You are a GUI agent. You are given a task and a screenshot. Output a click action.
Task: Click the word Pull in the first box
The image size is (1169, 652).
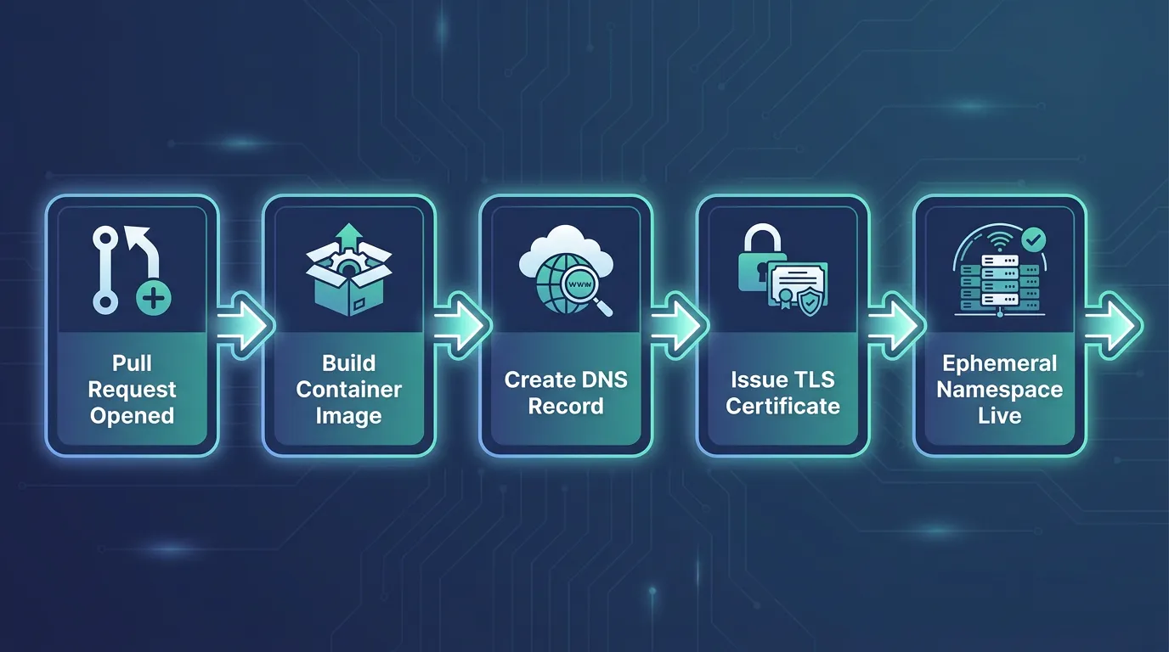point(132,363)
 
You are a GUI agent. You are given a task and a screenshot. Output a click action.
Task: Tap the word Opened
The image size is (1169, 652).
point(132,416)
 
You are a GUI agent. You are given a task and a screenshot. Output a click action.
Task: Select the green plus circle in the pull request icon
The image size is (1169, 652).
point(154,299)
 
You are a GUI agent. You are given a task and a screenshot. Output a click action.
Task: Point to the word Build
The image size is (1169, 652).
point(348,363)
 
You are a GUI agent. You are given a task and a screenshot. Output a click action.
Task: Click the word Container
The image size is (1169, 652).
point(348,389)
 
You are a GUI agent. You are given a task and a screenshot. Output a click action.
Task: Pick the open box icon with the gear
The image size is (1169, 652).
point(348,279)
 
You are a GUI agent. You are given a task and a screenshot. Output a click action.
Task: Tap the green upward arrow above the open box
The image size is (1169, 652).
point(348,238)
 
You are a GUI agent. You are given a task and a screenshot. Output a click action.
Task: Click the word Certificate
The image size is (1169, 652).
point(782,407)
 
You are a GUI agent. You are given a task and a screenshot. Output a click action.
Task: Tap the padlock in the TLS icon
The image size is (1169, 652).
point(762,258)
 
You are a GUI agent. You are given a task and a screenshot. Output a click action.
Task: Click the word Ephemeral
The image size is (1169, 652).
point(999,363)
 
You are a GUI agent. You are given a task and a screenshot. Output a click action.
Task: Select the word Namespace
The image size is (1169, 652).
point(999,390)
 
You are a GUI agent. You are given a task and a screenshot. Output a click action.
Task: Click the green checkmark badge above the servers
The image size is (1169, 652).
point(1033,240)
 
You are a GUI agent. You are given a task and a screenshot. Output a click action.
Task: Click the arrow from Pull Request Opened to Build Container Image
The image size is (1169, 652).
point(243,326)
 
